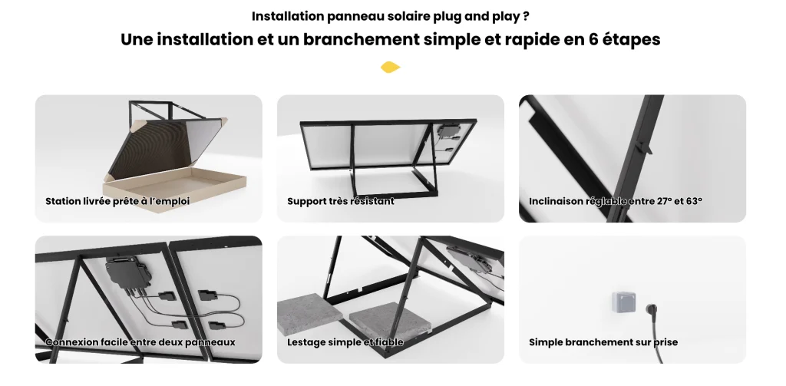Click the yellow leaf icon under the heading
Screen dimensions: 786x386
tap(390, 68)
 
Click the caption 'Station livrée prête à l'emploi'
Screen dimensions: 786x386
tap(117, 202)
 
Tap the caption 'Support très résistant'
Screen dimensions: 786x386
tap(340, 202)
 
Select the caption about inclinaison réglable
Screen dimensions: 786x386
tap(615, 202)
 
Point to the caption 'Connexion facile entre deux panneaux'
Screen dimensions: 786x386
tap(140, 342)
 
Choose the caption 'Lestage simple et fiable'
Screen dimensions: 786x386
tap(345, 342)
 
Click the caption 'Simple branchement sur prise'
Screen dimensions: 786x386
tap(603, 342)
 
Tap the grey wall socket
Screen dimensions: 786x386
tap(623, 302)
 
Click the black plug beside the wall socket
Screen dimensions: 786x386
tap(652, 309)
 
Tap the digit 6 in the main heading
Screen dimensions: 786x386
tap(593, 39)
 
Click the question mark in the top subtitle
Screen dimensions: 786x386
tap(525, 16)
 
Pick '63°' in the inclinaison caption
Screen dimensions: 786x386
tap(693, 201)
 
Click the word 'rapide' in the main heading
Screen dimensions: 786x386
tap(532, 40)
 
